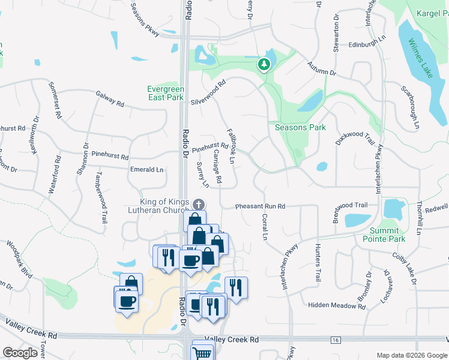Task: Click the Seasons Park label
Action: (300, 127)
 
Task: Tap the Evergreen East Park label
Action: (165, 93)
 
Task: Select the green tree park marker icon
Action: (262, 63)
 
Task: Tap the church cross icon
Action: (199, 205)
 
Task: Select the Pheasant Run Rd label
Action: (260, 206)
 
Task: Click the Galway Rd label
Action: (109, 98)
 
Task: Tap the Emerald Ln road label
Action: (146, 170)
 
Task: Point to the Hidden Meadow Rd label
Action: (333, 305)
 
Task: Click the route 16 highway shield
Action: (335, 340)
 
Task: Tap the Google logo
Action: (20, 352)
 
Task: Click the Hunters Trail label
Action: (318, 262)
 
